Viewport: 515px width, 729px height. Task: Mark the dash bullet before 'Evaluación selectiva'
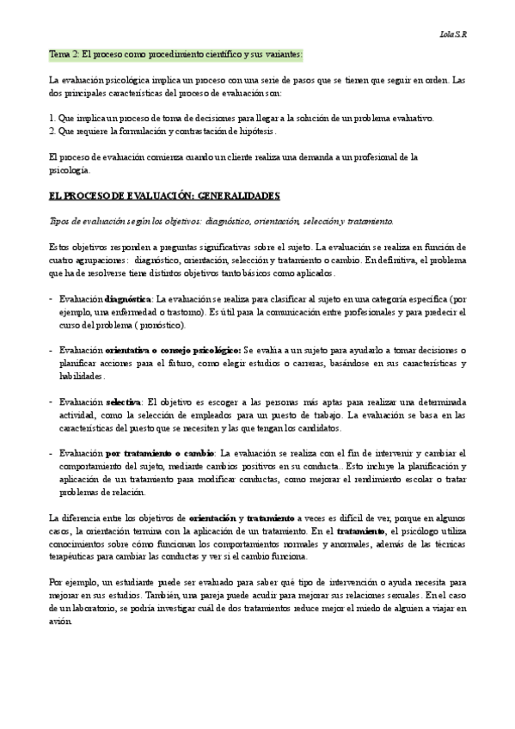[x=52, y=401]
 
